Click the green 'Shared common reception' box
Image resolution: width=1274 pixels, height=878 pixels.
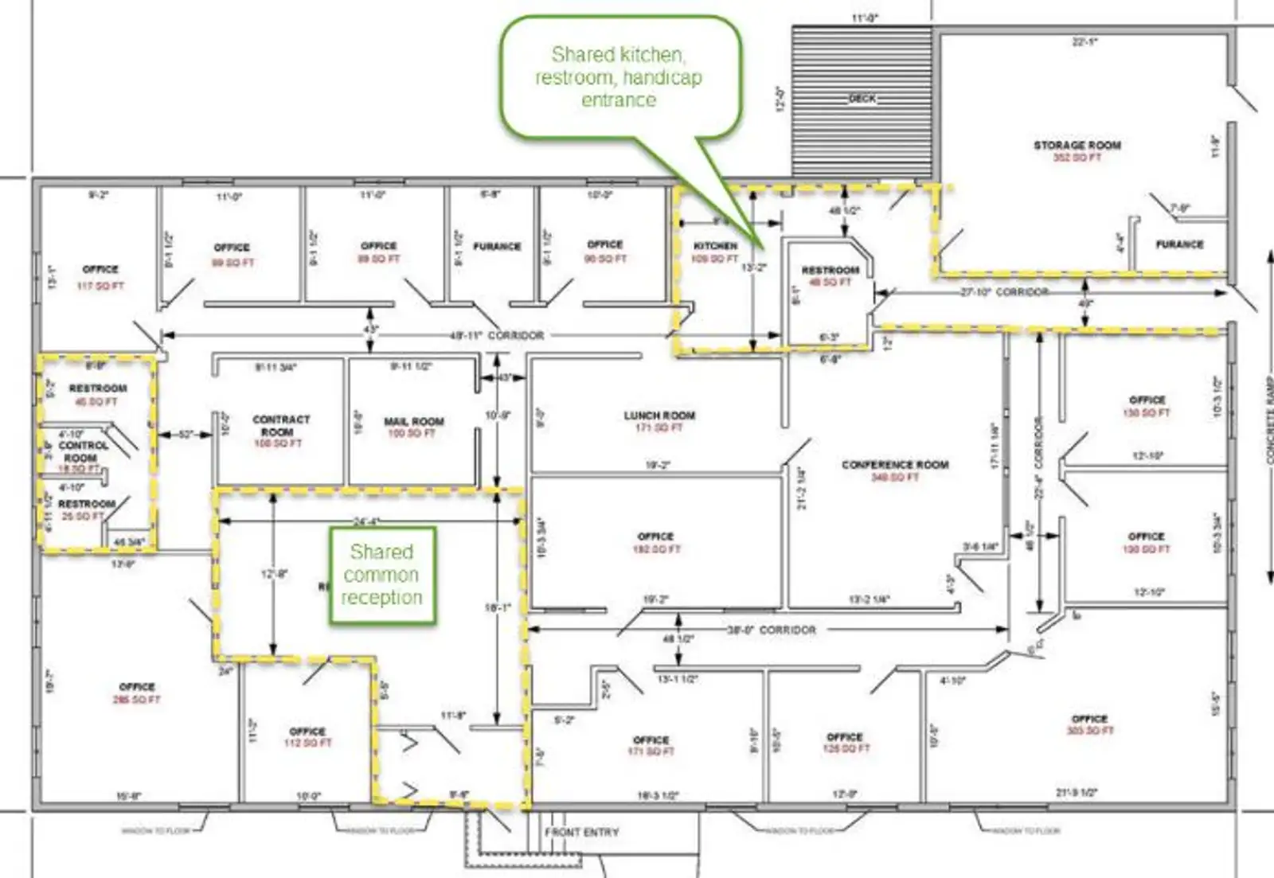point(382,575)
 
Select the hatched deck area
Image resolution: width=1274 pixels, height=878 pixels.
point(862,101)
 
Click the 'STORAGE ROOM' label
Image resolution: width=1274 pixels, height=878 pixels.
point(1077,146)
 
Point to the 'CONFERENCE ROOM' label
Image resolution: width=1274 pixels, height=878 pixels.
point(895,465)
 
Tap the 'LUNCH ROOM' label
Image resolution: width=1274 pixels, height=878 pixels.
point(659,416)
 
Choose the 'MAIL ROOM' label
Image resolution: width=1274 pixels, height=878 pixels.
point(414,421)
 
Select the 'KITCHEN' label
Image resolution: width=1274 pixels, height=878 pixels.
point(715,246)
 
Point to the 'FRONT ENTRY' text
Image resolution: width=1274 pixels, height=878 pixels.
point(581,833)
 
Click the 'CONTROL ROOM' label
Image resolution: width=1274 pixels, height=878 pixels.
point(83,451)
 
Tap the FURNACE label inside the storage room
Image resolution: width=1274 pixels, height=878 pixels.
point(1179,244)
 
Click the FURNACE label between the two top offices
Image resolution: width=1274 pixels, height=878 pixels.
point(497,247)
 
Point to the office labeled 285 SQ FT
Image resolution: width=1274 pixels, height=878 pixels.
point(137,693)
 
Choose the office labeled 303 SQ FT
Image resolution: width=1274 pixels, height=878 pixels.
point(1089,724)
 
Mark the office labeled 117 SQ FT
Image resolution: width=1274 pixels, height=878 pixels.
point(100,276)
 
